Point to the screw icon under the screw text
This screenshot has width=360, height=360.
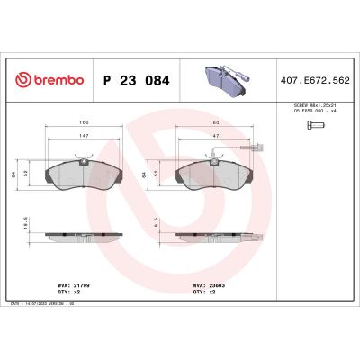(311, 125)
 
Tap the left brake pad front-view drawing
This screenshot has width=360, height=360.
(82, 174)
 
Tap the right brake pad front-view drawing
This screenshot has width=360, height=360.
(214, 174)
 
